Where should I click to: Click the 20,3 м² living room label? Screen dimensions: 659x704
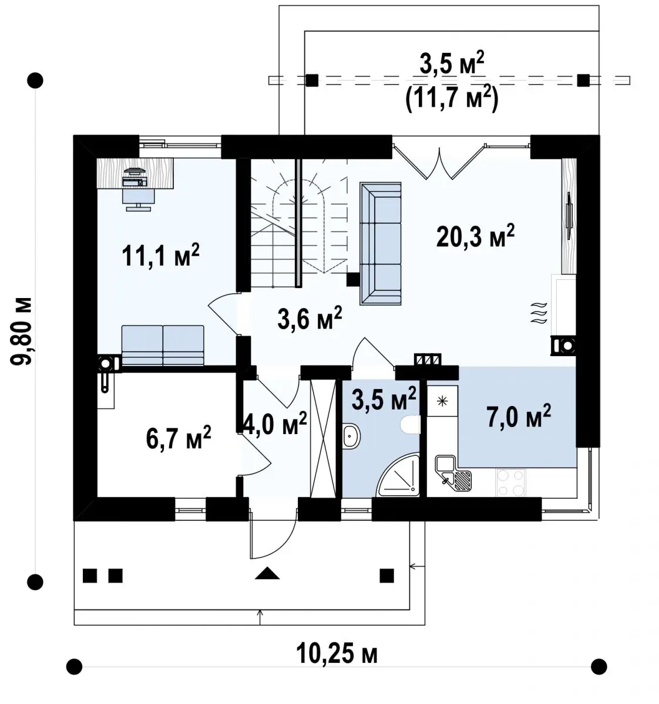tap(475, 236)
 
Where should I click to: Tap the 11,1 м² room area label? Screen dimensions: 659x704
tap(160, 255)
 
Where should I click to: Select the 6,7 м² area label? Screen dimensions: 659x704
tap(178, 438)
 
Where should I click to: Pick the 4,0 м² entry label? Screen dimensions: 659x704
tap(274, 424)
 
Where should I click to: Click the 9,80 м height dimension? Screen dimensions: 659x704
tap(22, 331)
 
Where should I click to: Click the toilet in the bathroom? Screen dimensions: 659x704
tap(410, 424)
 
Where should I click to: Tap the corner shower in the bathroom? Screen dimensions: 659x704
tap(398, 475)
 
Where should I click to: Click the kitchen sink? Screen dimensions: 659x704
tap(453, 474)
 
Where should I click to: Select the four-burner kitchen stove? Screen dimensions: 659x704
tap(511, 482)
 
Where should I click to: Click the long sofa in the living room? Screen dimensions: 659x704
tap(380, 243)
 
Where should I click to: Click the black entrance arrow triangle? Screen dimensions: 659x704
tap(267, 573)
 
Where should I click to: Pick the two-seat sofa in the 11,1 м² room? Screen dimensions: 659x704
tap(163, 346)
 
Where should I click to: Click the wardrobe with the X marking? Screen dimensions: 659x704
tap(323, 438)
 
